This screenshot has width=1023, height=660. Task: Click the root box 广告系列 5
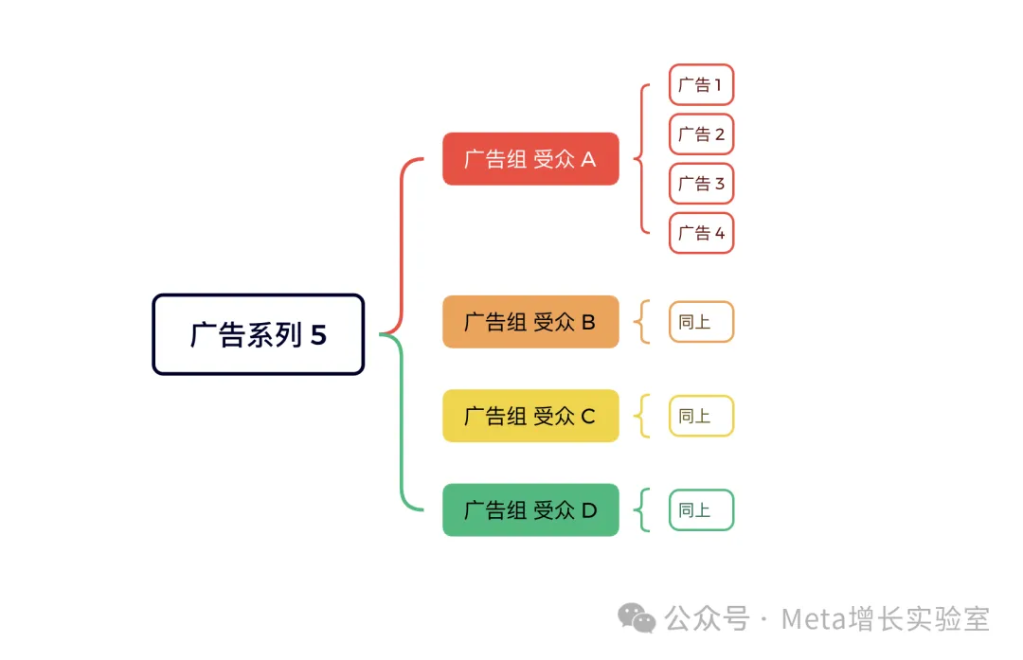(258, 334)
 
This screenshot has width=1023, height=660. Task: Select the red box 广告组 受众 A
(530, 159)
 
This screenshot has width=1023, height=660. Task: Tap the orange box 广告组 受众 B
(530, 322)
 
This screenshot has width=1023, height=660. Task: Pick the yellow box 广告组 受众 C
(530, 416)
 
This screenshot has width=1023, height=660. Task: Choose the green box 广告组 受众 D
(530, 510)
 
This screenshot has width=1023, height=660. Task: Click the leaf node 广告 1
(701, 85)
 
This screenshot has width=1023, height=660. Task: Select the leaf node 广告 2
(701, 134)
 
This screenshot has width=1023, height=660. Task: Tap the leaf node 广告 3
(701, 184)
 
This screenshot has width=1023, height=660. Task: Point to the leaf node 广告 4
(701, 233)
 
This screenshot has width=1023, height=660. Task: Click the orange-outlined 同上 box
(701, 322)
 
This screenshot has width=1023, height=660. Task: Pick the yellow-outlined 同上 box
(701, 416)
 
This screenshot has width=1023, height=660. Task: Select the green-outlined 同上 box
(701, 510)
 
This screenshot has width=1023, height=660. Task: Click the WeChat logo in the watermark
(637, 618)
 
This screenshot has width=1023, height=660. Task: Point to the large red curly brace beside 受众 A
(643, 159)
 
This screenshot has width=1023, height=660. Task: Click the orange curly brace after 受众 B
(644, 322)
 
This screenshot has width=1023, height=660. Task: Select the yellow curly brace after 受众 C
(644, 416)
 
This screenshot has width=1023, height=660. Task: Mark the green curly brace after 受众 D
(644, 510)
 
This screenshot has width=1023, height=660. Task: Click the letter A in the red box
(588, 159)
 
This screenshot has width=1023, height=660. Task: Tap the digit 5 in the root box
(318, 335)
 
